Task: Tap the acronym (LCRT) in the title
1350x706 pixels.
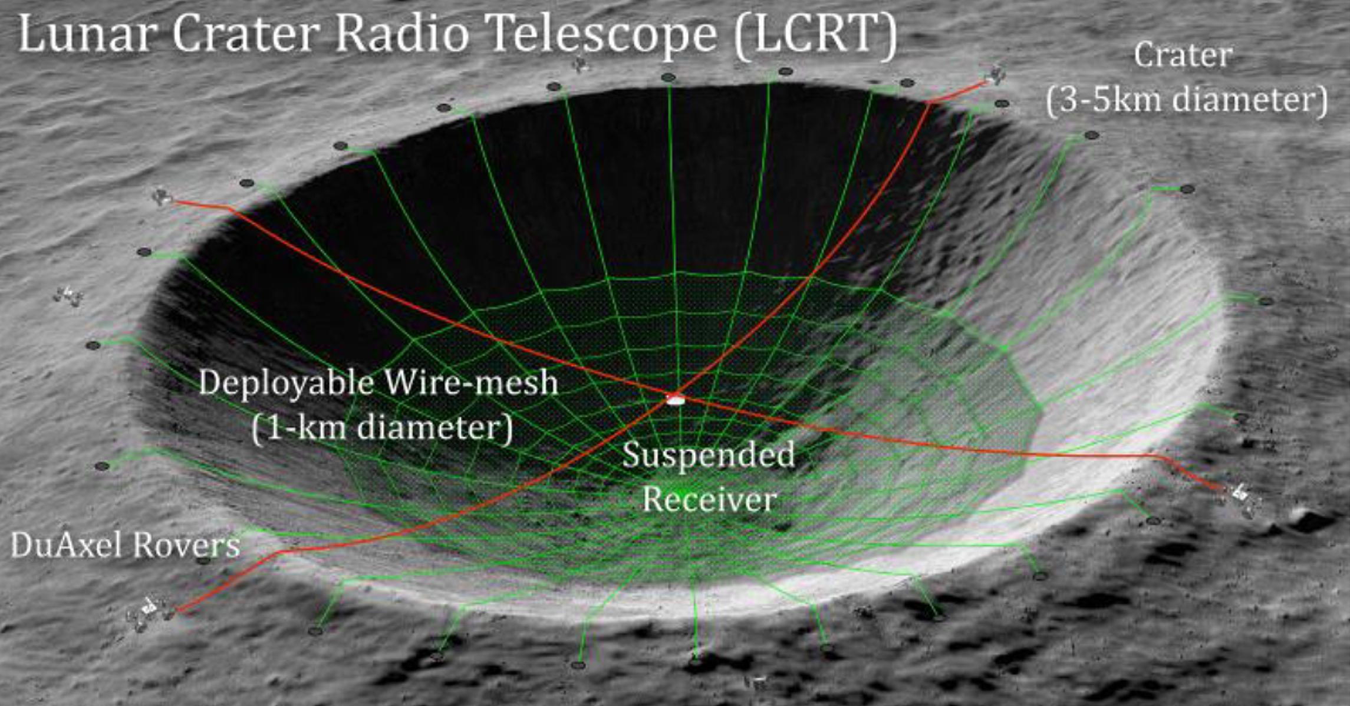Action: point(815,35)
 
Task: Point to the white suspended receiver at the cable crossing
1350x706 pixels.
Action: point(675,399)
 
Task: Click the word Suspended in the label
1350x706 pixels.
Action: point(709,456)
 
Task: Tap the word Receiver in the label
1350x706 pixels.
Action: point(709,500)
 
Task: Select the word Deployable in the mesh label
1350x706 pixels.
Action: point(287,383)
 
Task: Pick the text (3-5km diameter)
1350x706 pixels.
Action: point(1187,100)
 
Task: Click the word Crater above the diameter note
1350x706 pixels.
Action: point(1183,56)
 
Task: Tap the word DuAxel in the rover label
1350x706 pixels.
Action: point(66,545)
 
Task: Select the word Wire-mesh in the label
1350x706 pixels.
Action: point(471,382)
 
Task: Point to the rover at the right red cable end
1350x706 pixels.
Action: point(1243,494)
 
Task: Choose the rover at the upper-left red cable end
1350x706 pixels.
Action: point(160,196)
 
